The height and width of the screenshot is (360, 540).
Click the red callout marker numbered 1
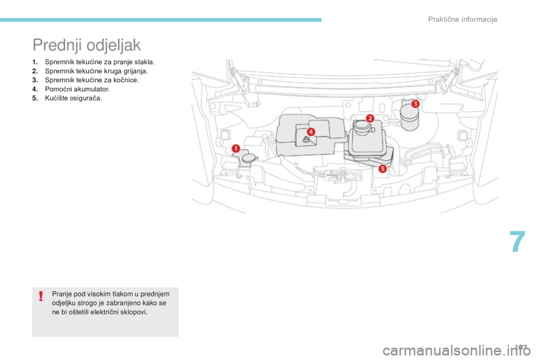[x=236, y=148]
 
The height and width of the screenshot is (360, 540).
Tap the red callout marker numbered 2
[x=370, y=119]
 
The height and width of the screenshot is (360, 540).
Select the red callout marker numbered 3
[x=415, y=103]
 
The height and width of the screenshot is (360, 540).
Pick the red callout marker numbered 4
[x=310, y=132]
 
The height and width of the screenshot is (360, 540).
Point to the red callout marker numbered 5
[x=382, y=169]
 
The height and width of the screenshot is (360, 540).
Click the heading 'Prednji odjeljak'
[x=87, y=45]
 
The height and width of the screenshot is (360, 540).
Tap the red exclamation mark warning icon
[x=41, y=296]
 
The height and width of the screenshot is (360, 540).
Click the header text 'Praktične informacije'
[x=462, y=19]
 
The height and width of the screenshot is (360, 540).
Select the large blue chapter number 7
[x=517, y=242]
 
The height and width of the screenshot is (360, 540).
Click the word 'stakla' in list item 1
[x=145, y=62]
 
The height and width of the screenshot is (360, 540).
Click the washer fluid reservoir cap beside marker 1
[x=249, y=158]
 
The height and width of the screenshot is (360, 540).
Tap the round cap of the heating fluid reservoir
[x=361, y=125]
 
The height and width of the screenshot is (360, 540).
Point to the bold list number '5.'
[x=35, y=98]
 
